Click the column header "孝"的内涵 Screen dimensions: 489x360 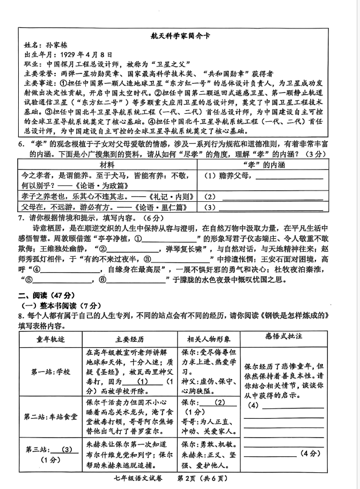(x=262, y=164)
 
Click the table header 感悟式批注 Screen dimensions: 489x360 (x=284, y=337)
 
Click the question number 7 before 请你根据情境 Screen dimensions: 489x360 (x=20, y=218)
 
